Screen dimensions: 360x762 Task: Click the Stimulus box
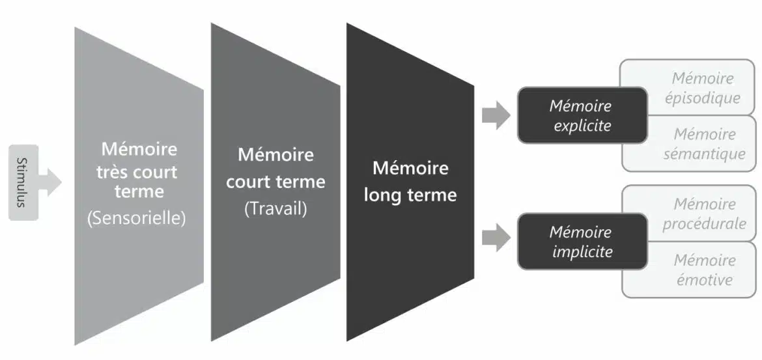[23, 182]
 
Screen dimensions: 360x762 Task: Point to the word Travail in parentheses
[275, 210]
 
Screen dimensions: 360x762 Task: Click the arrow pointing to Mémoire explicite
[496, 116]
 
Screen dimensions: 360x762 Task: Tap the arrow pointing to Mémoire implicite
[496, 237]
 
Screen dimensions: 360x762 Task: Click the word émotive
[703, 280]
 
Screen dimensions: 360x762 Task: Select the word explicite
[582, 126]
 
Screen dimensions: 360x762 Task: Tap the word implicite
[582, 251]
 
